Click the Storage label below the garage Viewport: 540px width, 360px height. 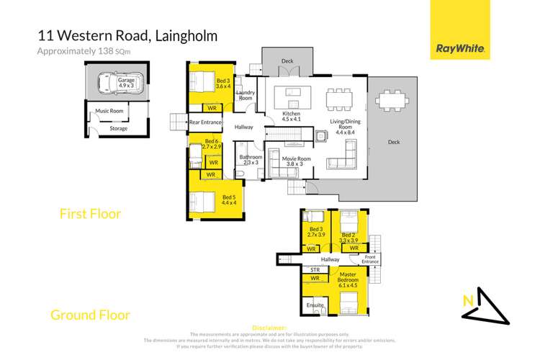pyautogui.click(x=118, y=129)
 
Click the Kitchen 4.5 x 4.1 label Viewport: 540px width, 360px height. pyautogui.click(x=291, y=117)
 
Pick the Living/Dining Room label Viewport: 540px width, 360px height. pyautogui.click(x=343, y=126)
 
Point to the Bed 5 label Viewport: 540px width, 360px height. pyautogui.click(x=228, y=199)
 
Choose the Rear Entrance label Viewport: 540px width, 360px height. pyautogui.click(x=205, y=123)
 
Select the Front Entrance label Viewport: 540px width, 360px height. pyautogui.click(x=370, y=259)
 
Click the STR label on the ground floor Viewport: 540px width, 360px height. pyautogui.click(x=315, y=270)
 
